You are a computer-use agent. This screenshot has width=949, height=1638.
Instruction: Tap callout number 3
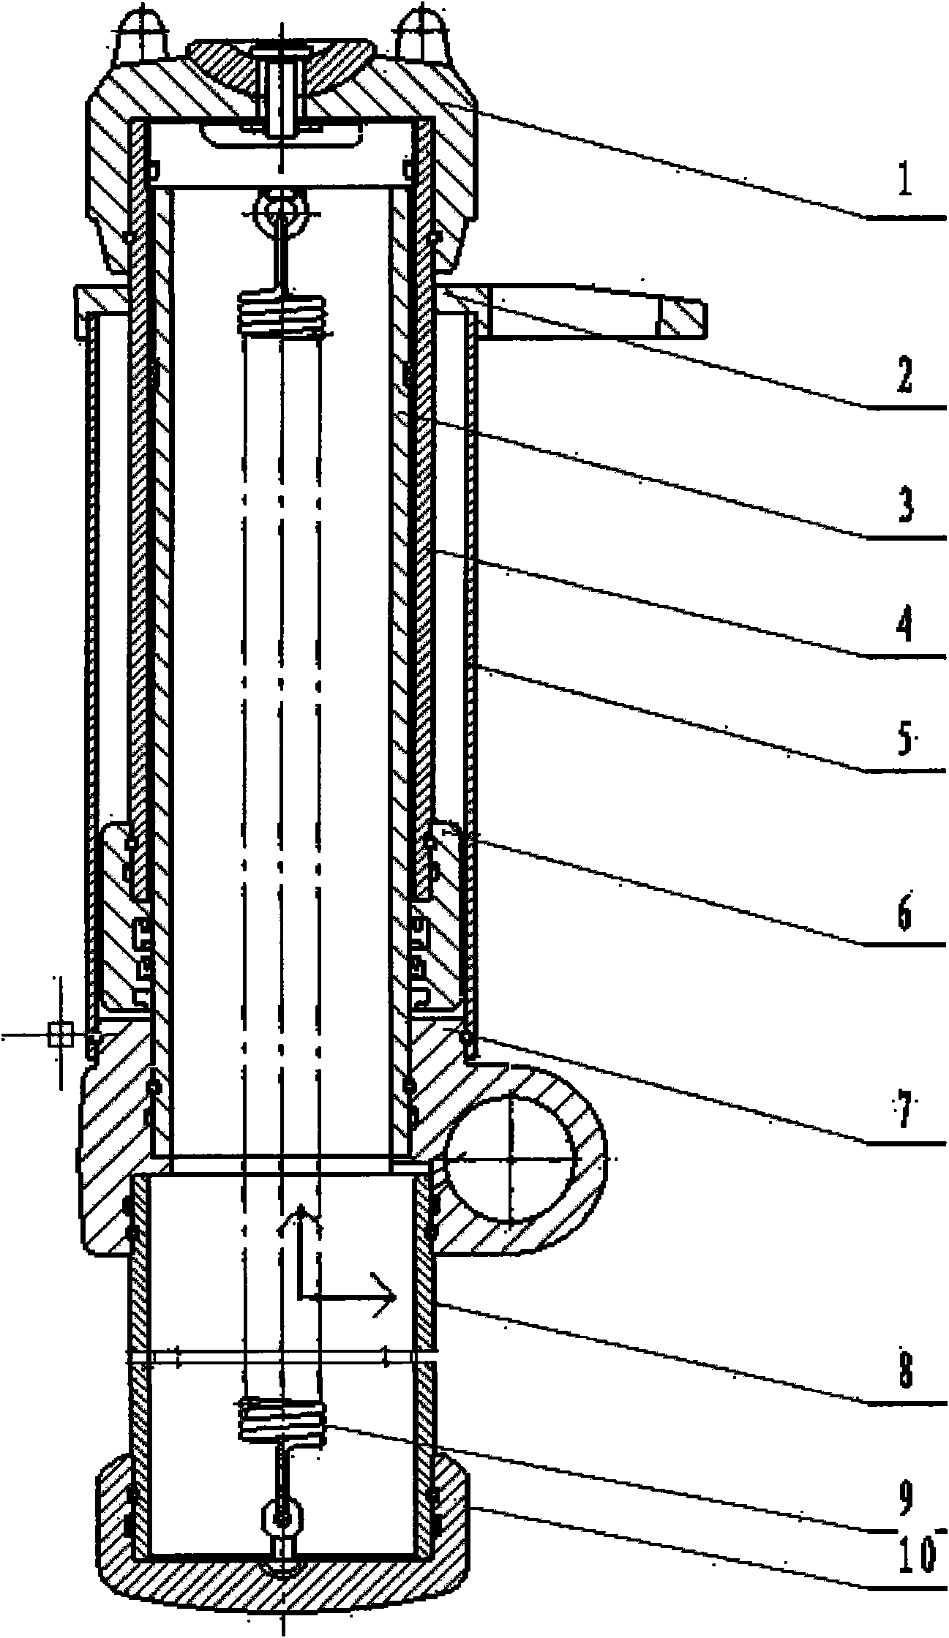(906, 506)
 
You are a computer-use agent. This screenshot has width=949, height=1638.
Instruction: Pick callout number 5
(906, 740)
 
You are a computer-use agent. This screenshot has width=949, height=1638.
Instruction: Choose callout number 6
(906, 914)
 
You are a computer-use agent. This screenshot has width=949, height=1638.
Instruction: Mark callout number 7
(906, 1111)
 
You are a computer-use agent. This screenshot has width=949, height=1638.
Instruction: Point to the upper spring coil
(282, 312)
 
